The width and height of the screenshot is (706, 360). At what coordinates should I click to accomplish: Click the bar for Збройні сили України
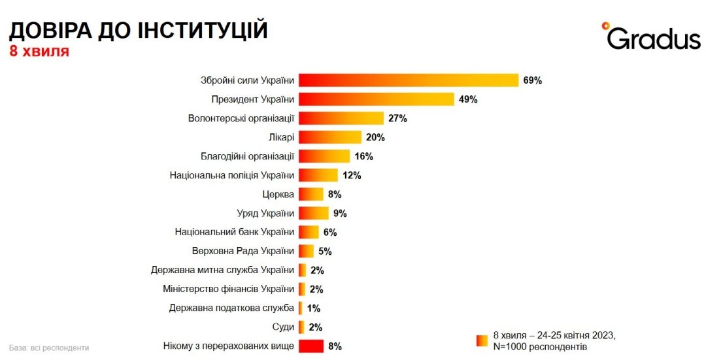pos(409,80)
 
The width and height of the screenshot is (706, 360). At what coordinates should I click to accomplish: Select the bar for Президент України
pos(376,99)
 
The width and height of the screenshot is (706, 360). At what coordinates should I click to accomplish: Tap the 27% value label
pos(397,118)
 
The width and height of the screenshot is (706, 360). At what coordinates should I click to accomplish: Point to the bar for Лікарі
pos(330,137)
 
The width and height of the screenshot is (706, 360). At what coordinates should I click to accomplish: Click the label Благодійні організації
pos(247,156)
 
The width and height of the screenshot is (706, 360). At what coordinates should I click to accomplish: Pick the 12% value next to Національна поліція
pos(352,175)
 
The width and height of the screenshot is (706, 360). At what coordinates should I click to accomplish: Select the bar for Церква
pos(311,194)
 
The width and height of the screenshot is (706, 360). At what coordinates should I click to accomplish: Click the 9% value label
pos(339,213)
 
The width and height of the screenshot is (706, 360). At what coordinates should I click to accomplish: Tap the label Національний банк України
pos(235,232)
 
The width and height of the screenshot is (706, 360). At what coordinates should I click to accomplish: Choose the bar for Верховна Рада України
pos(306,251)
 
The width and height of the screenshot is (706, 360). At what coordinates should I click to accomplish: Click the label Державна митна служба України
pos(222,270)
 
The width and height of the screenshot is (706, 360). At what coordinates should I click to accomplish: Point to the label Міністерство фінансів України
pos(228,289)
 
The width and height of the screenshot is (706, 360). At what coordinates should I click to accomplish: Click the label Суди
pos(283,327)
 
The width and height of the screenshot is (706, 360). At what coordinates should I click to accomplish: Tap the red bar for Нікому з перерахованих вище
pos(311,346)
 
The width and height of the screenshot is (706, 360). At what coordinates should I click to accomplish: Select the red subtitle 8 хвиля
pos(39,51)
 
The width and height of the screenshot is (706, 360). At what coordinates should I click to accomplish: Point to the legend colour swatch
pos(482,340)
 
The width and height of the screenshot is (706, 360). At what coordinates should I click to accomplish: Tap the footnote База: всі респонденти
pos(49,348)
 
